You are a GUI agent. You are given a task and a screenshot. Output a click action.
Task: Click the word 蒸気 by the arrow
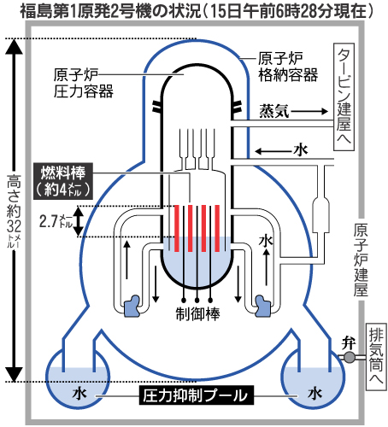pyautogui.click(x=276, y=111)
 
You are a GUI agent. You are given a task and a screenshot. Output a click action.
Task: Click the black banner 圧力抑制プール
pyautogui.click(x=195, y=395)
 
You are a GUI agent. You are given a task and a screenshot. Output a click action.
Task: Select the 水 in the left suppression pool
pyautogui.click(x=78, y=395)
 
